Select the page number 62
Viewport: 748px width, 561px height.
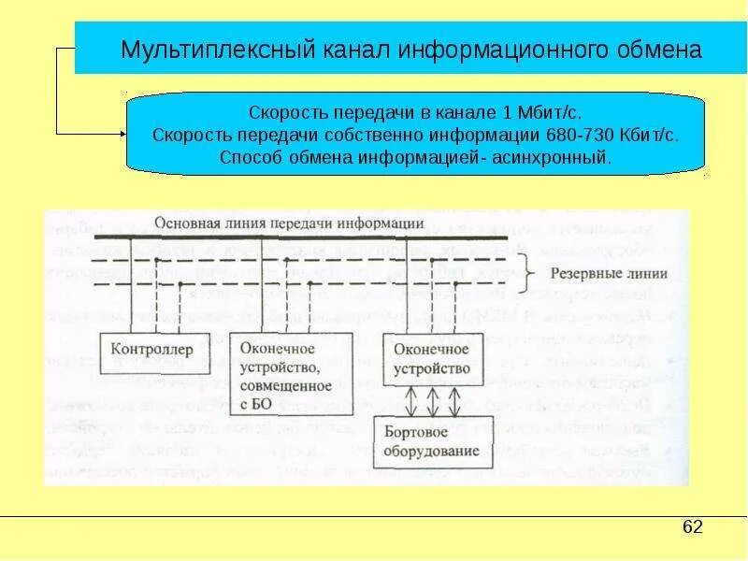pyautogui.click(x=692, y=527)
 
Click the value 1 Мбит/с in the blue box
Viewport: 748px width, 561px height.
pyautogui.click(x=543, y=112)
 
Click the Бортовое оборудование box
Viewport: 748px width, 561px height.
pyautogui.click(x=430, y=444)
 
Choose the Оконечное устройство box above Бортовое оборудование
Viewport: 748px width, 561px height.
pyautogui.click(x=431, y=358)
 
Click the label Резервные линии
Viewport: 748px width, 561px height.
pyautogui.click(x=596, y=274)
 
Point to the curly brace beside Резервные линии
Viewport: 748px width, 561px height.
pyautogui.click(x=528, y=274)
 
